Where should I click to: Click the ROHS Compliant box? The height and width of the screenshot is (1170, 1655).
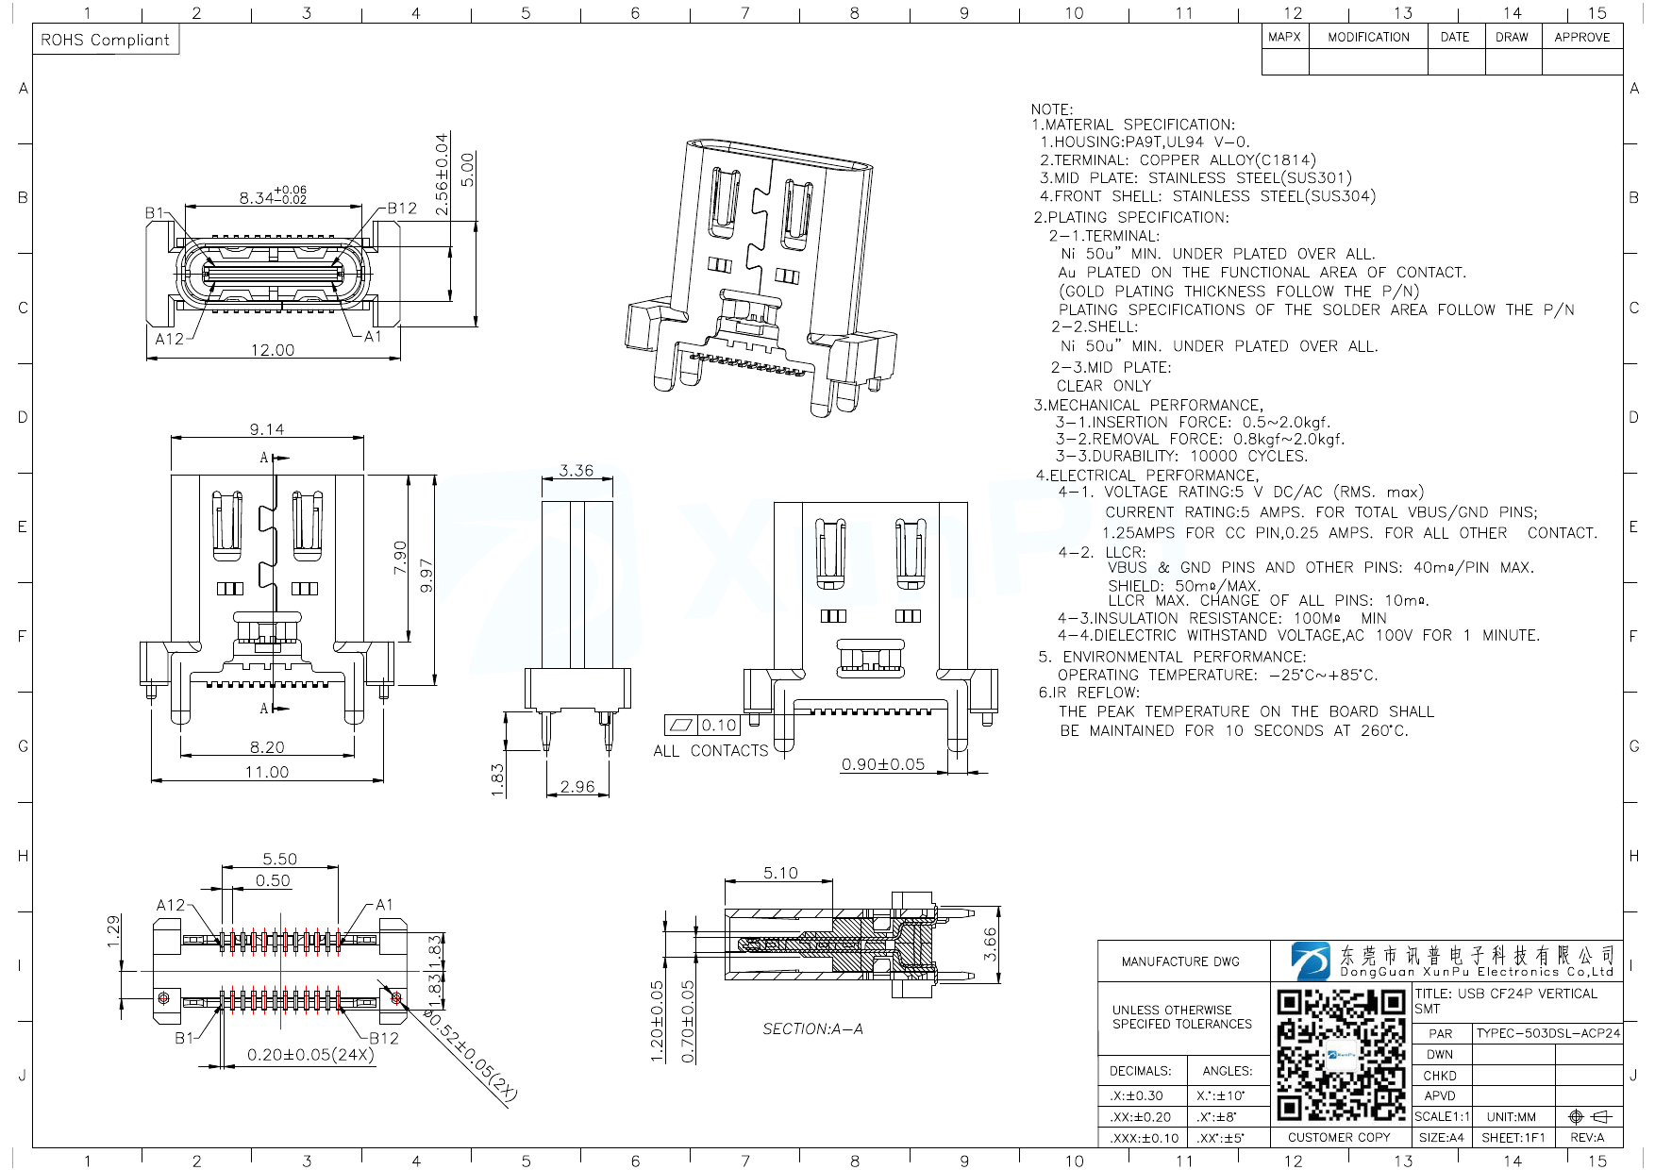click(x=106, y=40)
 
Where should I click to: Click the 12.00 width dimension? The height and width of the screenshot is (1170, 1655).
click(x=272, y=350)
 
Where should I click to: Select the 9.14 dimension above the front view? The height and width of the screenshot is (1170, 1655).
click(x=267, y=429)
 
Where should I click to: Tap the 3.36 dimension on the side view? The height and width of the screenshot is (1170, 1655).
click(x=576, y=470)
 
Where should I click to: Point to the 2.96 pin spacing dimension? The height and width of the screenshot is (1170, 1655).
click(x=577, y=786)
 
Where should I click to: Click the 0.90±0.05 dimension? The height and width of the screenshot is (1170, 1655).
click(x=883, y=764)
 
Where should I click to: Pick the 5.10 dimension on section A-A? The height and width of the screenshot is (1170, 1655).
click(x=780, y=873)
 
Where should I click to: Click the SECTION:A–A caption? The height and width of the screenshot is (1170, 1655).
click(x=812, y=1028)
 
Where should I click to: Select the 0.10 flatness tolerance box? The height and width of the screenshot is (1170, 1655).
click(x=718, y=725)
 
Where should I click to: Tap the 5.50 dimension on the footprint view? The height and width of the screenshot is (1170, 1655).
click(x=279, y=859)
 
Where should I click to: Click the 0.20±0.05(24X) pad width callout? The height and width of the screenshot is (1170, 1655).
click(x=310, y=1055)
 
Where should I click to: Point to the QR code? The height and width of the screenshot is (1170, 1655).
click(x=1340, y=1054)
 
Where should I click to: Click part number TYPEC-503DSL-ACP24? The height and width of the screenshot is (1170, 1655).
click(x=1547, y=1033)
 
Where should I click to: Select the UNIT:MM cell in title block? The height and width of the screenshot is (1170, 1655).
click(x=1511, y=1116)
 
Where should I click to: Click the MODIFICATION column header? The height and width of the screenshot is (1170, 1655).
click(x=1368, y=38)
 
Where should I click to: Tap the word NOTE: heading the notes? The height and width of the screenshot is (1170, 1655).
click(x=1051, y=109)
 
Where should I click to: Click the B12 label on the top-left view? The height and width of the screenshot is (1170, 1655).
click(x=402, y=209)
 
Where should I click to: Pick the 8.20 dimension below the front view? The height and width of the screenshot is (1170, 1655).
click(x=267, y=747)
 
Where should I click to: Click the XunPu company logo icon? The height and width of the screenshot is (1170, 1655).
click(x=1312, y=961)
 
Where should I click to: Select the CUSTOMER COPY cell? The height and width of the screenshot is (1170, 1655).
click(x=1339, y=1137)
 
